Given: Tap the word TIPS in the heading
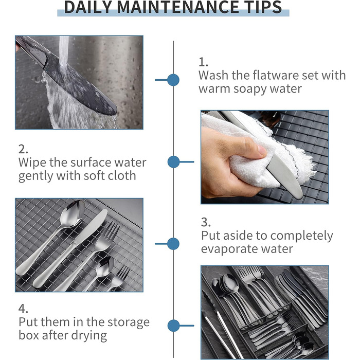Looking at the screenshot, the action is (x=259, y=7).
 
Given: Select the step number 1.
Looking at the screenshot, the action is (x=203, y=62).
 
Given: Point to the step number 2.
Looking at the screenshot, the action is (x=23, y=149).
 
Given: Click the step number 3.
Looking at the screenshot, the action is (x=206, y=222).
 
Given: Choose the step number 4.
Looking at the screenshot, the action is (x=23, y=309).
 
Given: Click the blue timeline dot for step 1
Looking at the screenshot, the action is (x=173, y=80).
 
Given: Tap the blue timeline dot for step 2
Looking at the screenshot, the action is (x=174, y=162).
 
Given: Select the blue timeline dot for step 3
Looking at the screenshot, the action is (x=173, y=244).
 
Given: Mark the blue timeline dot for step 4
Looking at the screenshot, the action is (x=174, y=326).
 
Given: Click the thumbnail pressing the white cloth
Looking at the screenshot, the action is (x=265, y=157).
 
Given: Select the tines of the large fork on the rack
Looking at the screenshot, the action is (x=111, y=231).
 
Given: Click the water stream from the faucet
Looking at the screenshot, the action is (x=64, y=52).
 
